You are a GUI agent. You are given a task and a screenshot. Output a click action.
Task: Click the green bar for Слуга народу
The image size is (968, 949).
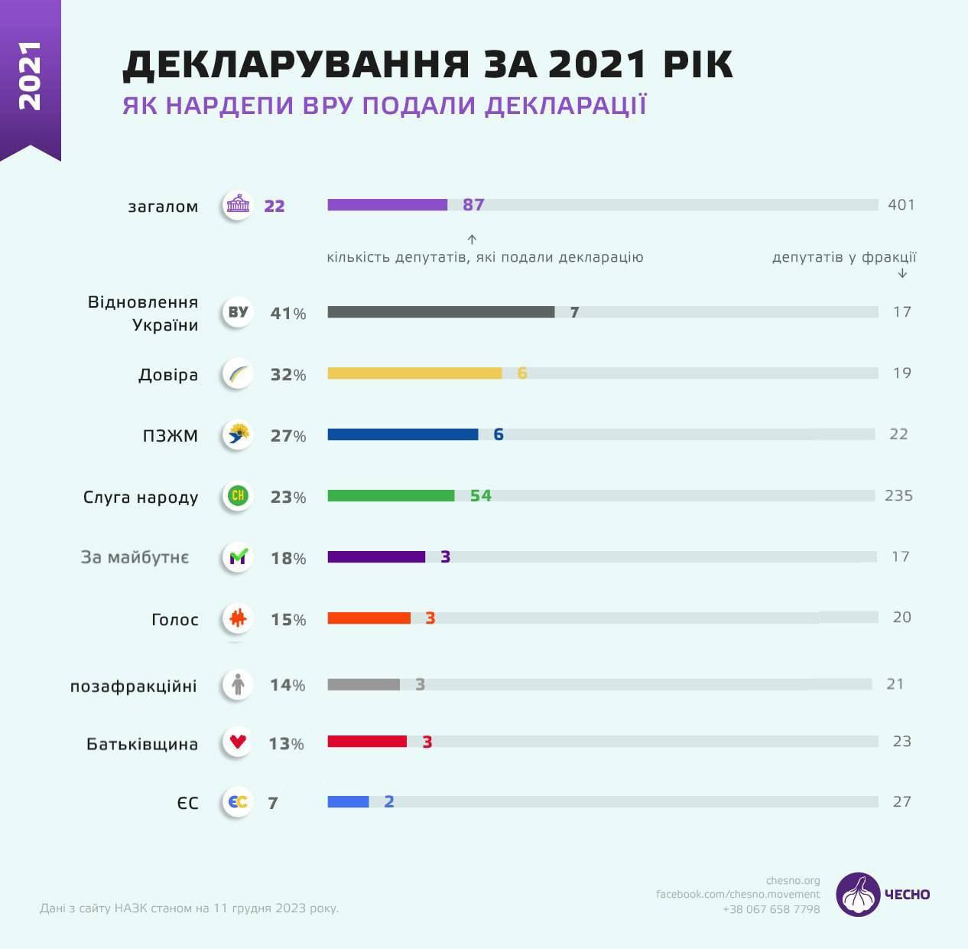(391, 496)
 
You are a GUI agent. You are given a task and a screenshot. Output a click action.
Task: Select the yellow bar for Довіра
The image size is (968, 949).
(414, 373)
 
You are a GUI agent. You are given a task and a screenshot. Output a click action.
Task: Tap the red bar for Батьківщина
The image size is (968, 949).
(367, 741)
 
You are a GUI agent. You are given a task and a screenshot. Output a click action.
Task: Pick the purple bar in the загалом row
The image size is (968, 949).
(387, 205)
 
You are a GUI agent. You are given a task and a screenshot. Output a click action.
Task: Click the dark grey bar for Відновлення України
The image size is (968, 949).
(440, 312)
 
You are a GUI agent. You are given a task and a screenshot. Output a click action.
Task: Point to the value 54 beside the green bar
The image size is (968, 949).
(481, 496)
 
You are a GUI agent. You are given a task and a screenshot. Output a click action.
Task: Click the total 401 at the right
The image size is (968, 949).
(901, 205)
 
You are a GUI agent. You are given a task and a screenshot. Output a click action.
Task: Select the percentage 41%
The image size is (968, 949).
(288, 314)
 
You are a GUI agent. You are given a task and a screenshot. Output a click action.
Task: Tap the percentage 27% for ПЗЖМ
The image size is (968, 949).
(288, 436)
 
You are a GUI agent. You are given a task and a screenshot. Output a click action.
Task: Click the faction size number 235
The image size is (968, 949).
(898, 496)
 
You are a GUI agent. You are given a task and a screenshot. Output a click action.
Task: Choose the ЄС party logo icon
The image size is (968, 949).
(238, 802)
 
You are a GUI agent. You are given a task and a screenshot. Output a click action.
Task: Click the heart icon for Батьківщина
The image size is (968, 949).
(238, 742)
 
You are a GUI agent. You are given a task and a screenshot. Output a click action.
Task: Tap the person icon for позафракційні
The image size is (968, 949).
(238, 684)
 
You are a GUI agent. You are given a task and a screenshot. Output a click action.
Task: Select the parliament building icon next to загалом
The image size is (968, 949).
(238, 205)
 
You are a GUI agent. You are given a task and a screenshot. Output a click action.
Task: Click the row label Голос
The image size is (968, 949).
(175, 620)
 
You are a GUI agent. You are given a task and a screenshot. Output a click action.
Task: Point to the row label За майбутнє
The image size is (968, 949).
(135, 558)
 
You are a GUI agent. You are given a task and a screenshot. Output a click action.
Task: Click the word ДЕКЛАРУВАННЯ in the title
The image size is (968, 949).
(295, 65)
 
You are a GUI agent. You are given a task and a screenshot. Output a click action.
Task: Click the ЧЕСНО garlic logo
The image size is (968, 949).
(859, 894)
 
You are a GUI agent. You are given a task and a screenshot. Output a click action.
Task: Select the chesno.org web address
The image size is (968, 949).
(792, 881)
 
